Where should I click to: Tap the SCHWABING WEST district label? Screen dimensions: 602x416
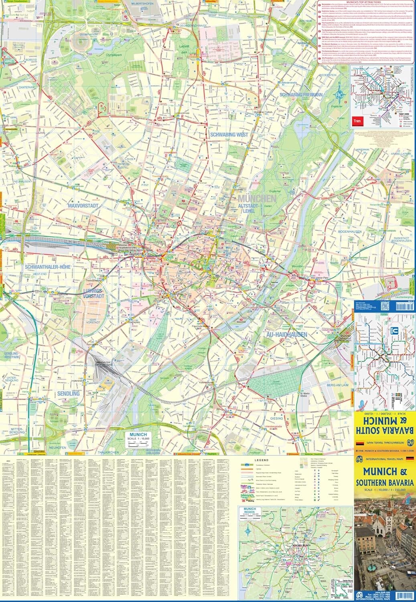(x=229, y=135)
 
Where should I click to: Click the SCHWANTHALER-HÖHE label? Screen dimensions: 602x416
(x=47, y=266)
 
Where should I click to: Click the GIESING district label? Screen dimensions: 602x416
(x=276, y=418)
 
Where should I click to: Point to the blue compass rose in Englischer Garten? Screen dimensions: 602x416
(x=341, y=95)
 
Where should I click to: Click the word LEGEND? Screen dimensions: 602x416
(x=262, y=460)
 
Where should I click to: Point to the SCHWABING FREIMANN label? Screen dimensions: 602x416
(x=301, y=95)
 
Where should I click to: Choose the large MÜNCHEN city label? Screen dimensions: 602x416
(x=257, y=199)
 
